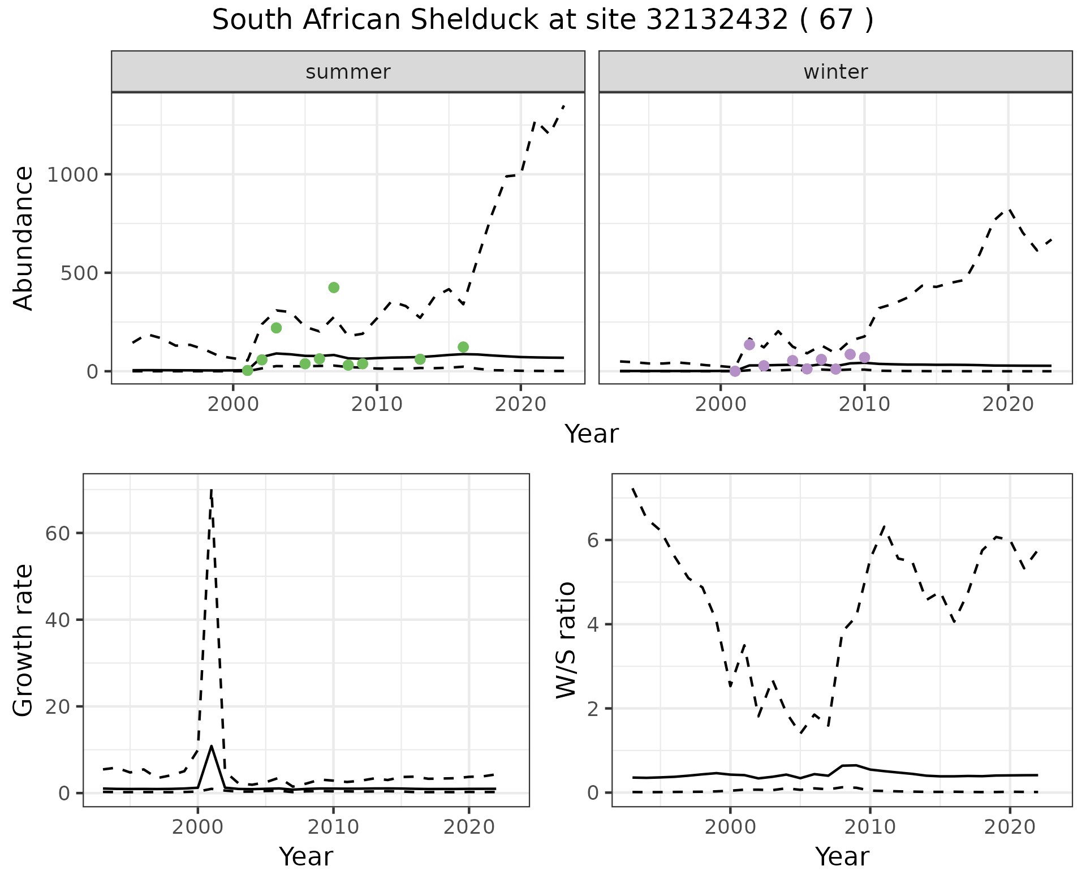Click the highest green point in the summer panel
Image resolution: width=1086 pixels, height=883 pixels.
point(334,288)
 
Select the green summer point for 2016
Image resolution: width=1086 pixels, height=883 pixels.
point(463,347)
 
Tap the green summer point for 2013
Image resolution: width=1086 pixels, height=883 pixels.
point(420,359)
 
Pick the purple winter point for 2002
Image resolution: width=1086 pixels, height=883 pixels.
point(749,345)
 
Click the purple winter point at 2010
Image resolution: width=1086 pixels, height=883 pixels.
point(864,357)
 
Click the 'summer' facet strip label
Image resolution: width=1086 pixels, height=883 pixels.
point(348,72)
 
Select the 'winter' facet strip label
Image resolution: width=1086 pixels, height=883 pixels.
point(835,72)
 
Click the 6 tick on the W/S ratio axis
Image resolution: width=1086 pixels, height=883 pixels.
point(593,540)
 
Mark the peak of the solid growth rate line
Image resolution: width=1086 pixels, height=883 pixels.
point(211,746)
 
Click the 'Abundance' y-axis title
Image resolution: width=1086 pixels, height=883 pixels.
point(24,238)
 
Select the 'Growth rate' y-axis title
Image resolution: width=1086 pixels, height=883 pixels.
point(24,641)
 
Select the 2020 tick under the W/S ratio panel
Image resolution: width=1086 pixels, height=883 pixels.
point(1010,828)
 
